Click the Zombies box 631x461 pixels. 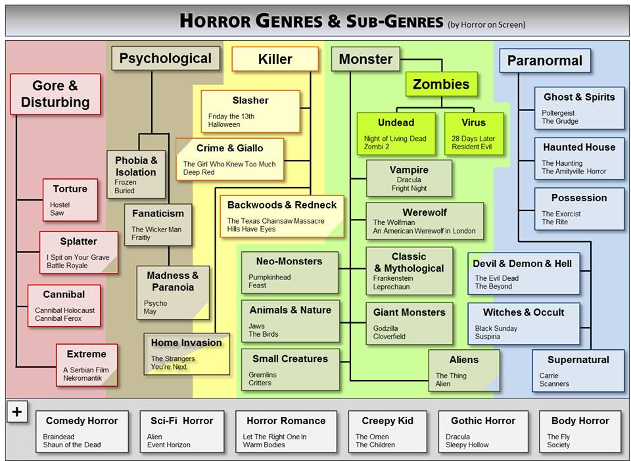[x=441, y=84]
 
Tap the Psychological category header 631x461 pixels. [x=165, y=59]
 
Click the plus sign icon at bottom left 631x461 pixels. [x=16, y=412]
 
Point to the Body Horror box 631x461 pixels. [x=580, y=431]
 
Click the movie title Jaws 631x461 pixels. [x=256, y=326]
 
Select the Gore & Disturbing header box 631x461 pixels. [x=55, y=94]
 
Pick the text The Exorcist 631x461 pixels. [x=561, y=214]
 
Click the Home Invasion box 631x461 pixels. [x=187, y=354]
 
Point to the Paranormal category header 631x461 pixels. [x=544, y=61]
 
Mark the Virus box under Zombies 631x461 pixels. [x=473, y=133]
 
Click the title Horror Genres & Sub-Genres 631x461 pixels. [x=312, y=21]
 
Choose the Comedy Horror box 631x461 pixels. [x=82, y=431]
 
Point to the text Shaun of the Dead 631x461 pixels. [x=72, y=445]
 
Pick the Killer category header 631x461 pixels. [x=275, y=59]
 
